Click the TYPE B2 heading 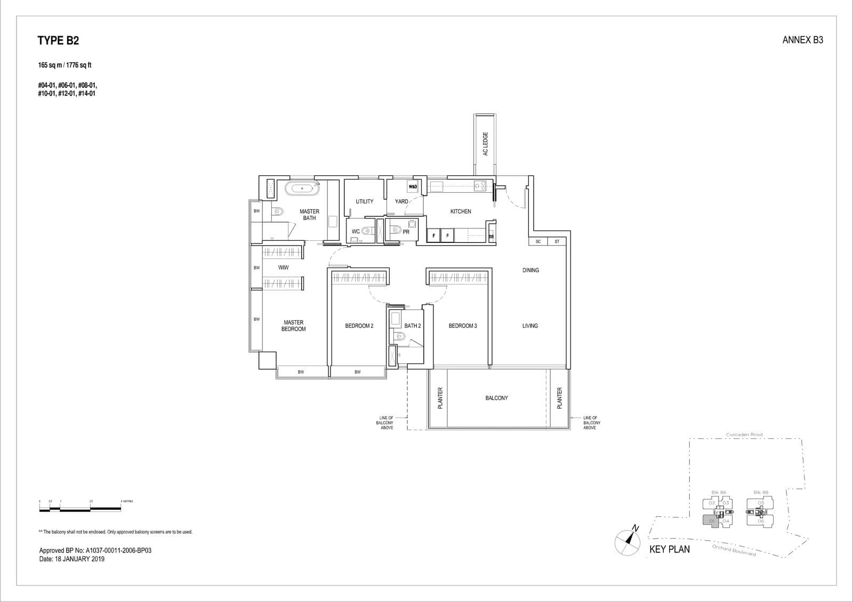58,40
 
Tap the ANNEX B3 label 802,40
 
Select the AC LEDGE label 485,144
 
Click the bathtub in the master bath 302,189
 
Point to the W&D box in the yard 413,187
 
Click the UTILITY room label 365,201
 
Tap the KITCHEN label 461,211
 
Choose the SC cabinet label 538,242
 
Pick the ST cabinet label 557,242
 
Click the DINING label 530,270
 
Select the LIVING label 530,326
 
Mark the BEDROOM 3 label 462,326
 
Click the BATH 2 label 413,326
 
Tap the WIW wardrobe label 283,267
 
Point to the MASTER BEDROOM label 294,326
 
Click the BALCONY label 496,398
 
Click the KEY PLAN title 669,549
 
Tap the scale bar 80,509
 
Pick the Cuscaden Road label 744,435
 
